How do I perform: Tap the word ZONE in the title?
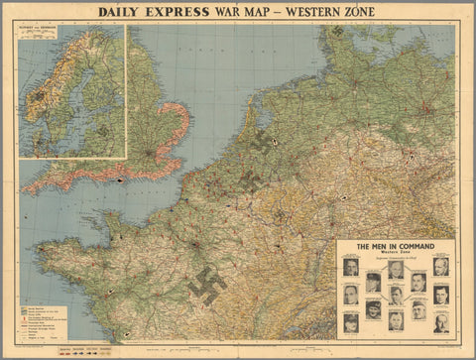354,14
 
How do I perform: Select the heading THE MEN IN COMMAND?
395,247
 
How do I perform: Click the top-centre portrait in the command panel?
396,269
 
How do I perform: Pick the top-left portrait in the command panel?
351,267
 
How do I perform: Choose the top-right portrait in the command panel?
440,267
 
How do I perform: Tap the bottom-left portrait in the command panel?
351,322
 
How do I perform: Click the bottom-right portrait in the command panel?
440,322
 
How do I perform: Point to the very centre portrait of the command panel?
396,295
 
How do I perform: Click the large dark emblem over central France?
207,285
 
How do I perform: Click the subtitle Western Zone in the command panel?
395,255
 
